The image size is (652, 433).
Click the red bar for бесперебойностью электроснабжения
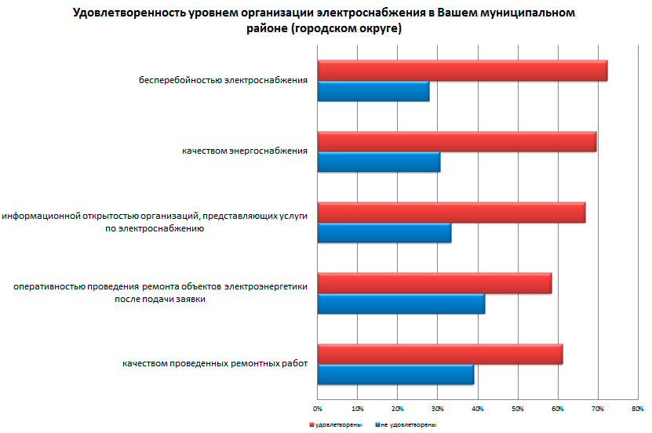pyautogui.click(x=462, y=71)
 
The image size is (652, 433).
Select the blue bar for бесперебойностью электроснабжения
pyautogui.click(x=373, y=91)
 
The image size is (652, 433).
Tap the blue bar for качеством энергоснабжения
pyautogui.click(x=379, y=162)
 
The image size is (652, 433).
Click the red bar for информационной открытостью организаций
pyautogui.click(x=451, y=213)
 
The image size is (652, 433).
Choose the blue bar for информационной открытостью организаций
pyautogui.click(x=384, y=233)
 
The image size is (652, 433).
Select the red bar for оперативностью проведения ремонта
pyautogui.click(x=435, y=283)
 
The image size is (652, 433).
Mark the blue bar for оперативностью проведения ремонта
pyautogui.click(x=401, y=304)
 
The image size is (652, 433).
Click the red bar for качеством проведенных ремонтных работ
pyautogui.click(x=440, y=355)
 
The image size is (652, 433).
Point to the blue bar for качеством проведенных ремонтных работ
pyautogui.click(x=395, y=375)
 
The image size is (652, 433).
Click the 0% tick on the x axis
pyautogui.click(x=318, y=409)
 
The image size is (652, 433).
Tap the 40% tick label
pyautogui.click(x=478, y=409)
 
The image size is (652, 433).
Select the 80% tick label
pyautogui.click(x=637, y=409)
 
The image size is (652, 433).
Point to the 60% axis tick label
pyautogui.click(x=558, y=409)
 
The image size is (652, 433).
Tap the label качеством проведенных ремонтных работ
pyautogui.click(x=214, y=364)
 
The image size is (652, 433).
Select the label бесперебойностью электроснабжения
pyautogui.click(x=223, y=80)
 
